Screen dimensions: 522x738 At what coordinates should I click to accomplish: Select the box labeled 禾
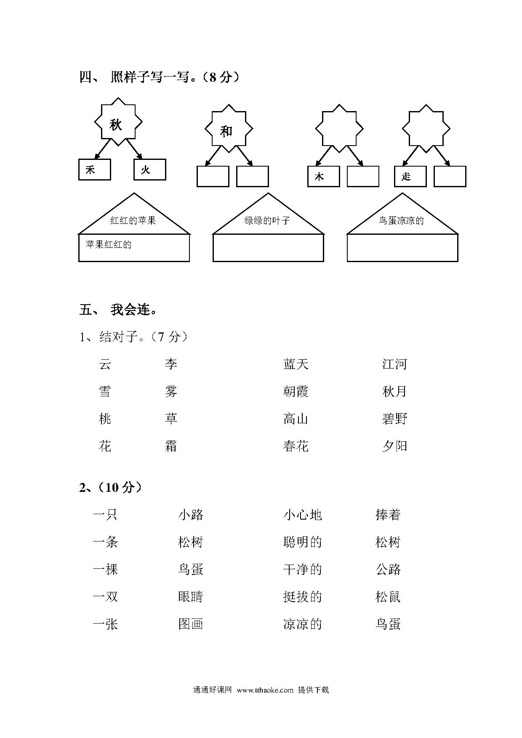point(95,170)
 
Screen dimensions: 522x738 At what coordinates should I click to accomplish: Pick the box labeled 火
point(150,170)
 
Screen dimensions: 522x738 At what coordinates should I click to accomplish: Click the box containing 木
point(324,176)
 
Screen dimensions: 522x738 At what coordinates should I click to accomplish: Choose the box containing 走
point(410,176)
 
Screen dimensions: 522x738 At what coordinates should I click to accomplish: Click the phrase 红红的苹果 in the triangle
point(133,220)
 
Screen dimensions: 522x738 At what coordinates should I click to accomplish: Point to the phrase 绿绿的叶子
point(267,220)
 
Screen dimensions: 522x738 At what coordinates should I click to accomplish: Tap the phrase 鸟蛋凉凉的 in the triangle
point(401,220)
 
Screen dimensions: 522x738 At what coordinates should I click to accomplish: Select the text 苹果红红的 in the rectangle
point(109,244)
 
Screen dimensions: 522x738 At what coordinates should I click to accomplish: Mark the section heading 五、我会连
point(119,310)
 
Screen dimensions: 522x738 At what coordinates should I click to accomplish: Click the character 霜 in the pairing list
point(171,446)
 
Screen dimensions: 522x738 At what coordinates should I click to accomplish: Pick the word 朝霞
point(296,392)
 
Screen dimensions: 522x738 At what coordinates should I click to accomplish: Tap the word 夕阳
point(395,446)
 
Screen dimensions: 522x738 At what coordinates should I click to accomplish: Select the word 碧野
point(395,419)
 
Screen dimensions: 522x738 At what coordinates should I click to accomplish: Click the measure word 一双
point(105,597)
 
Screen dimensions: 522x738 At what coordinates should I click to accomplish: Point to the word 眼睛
point(191,597)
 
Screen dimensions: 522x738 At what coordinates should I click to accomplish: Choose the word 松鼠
point(388,597)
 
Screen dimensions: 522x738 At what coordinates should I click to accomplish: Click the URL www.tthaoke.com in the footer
point(265,690)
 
